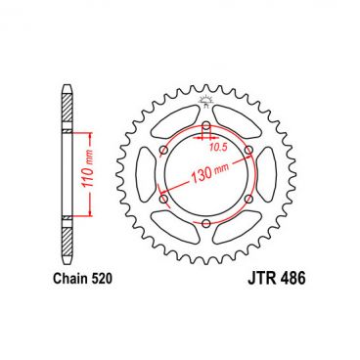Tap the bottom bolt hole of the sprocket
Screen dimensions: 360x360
[206, 224]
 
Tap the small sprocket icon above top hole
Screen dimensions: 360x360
[206, 103]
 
